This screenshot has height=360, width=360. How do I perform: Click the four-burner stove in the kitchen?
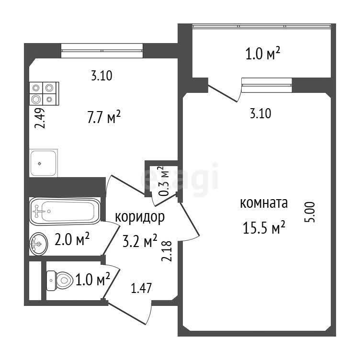[x=44, y=93]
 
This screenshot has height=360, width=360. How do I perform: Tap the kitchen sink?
[x=44, y=163]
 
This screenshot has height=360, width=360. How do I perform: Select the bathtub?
[x=65, y=211]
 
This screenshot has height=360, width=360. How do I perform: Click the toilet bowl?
[x=60, y=281]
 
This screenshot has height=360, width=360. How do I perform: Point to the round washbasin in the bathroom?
[x=39, y=244]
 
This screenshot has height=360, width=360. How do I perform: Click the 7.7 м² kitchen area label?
[x=104, y=117]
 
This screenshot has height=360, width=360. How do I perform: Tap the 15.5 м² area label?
[x=264, y=227]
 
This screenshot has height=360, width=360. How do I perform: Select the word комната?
[x=264, y=203]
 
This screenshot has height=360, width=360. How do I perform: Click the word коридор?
[x=140, y=217]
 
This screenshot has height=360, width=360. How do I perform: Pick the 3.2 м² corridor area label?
[x=140, y=241]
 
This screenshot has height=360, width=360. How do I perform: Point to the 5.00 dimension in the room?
[x=310, y=212]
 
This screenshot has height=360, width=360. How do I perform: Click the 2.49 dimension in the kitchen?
[x=40, y=118]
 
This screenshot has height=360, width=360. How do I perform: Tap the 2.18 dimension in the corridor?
[x=167, y=251]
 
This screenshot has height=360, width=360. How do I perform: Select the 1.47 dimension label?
[x=141, y=288]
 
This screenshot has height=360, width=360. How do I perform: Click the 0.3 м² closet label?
[x=164, y=181]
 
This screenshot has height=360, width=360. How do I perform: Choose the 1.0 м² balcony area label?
[x=263, y=54]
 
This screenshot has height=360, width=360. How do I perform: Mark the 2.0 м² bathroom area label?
[x=72, y=239]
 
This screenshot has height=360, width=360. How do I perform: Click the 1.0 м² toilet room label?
[x=93, y=279]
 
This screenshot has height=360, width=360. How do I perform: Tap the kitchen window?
[x=102, y=51]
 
